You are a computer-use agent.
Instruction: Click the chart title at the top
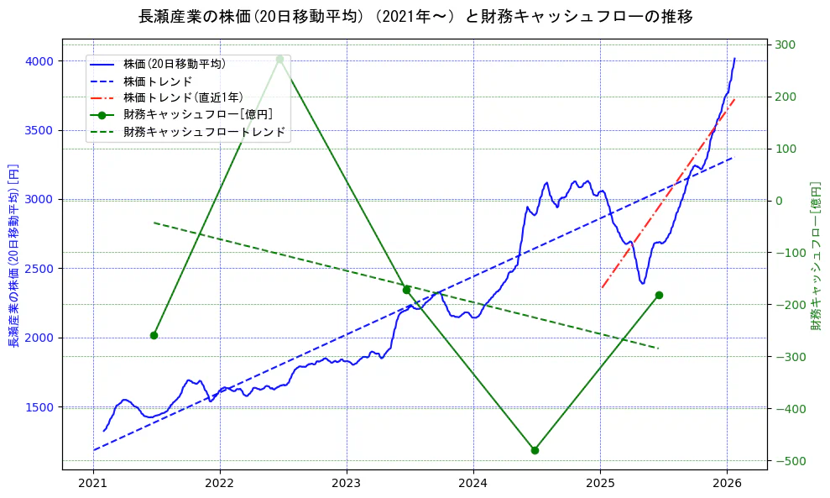point(415,17)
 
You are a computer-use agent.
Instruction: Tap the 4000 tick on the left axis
point(40,61)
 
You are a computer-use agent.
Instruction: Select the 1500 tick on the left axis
point(40,407)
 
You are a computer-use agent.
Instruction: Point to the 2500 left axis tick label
point(40,269)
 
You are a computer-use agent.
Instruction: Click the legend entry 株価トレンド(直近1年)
point(183,97)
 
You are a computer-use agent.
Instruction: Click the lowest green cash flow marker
point(535,450)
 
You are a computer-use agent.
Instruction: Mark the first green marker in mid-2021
point(154,335)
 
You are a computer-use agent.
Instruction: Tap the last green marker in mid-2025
point(659,295)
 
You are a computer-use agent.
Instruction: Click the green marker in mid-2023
point(406,290)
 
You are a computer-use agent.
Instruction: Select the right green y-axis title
point(815,256)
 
